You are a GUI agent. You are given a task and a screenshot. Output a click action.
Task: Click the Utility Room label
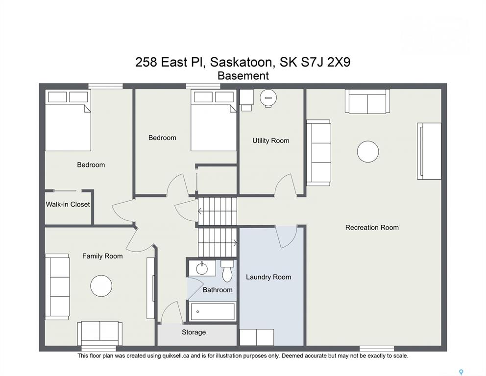pos(270,141)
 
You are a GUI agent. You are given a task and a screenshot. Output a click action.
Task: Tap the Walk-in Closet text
pos(68,205)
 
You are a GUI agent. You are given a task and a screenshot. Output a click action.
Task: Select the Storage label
pos(194,332)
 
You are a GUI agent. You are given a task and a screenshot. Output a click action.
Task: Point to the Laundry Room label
pos(268,277)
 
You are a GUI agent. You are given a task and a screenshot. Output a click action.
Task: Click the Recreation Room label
pos(372,228)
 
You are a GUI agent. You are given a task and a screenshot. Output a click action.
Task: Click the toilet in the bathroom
pos(227,271)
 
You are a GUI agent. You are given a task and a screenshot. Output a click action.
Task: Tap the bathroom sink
pos(202,268)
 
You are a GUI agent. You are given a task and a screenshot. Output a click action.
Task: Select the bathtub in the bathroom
pos(213,311)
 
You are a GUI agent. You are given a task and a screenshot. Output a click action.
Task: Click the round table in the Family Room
pos(101,285)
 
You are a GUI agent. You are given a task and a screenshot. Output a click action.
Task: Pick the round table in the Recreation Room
pos(368,151)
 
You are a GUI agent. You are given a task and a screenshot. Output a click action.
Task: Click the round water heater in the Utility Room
pos(268,98)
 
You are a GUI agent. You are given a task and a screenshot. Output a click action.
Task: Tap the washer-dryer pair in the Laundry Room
pos(257,337)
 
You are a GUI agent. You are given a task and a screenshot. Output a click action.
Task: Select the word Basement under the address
pos(243,76)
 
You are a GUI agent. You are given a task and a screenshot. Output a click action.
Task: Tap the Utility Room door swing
pos(286,185)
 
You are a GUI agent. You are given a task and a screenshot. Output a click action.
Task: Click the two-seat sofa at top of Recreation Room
pos(367,101)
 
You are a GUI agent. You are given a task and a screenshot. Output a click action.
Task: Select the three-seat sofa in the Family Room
pos(57,287)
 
